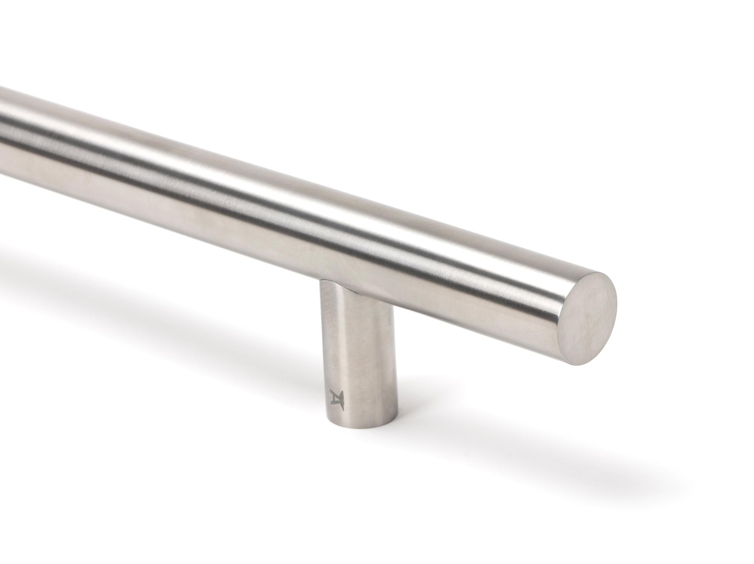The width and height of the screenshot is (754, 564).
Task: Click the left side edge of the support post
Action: click(321, 358)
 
